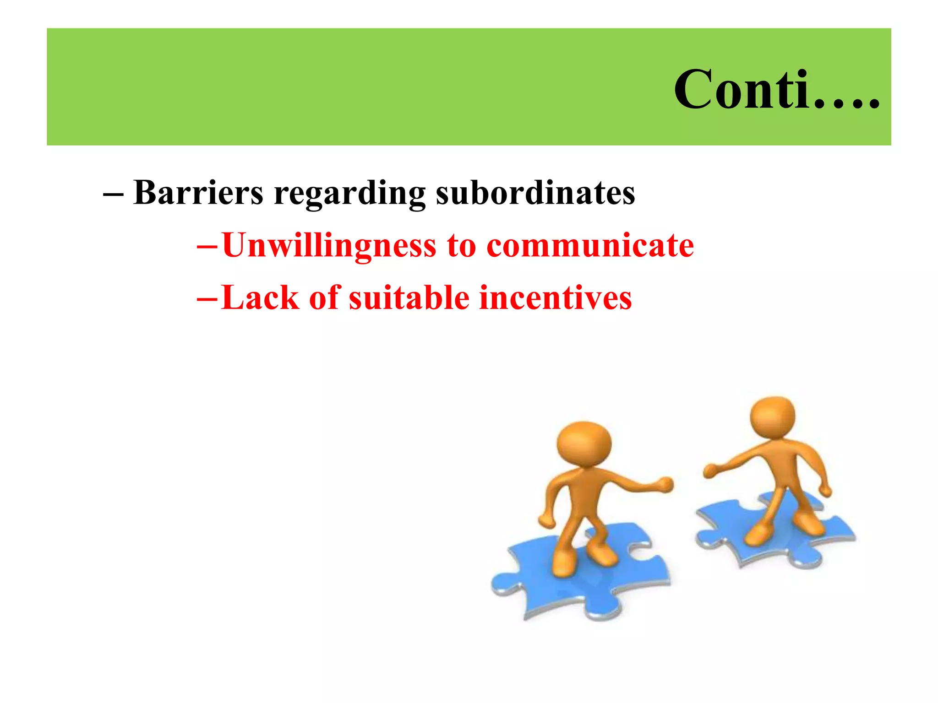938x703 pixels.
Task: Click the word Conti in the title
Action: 742,90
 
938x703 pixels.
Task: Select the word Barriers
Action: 198,193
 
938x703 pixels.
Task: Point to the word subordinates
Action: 535,193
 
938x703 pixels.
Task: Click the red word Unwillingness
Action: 329,246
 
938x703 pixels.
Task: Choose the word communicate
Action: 590,245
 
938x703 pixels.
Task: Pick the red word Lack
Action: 260,298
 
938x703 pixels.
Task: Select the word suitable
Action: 409,298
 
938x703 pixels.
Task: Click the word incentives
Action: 555,298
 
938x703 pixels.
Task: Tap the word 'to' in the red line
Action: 461,246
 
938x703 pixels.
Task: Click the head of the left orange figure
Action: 584,443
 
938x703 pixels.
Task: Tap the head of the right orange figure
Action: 773,417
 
